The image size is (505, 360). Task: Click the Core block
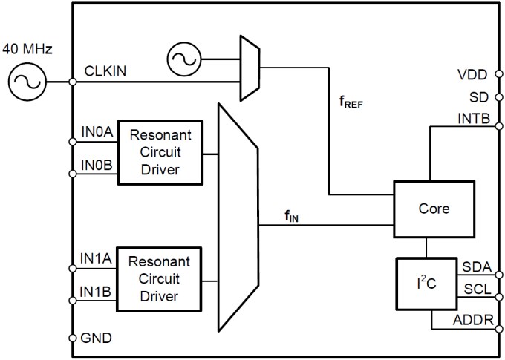[x=434, y=209]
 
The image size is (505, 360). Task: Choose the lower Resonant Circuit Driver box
[x=164, y=279]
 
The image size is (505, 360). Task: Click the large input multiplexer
[x=237, y=217]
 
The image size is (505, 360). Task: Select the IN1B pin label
[x=97, y=292]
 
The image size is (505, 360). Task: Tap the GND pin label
[x=97, y=338]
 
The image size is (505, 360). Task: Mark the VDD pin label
[x=472, y=75]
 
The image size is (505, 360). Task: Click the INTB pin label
[x=472, y=119]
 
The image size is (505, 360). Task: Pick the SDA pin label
[x=475, y=266]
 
